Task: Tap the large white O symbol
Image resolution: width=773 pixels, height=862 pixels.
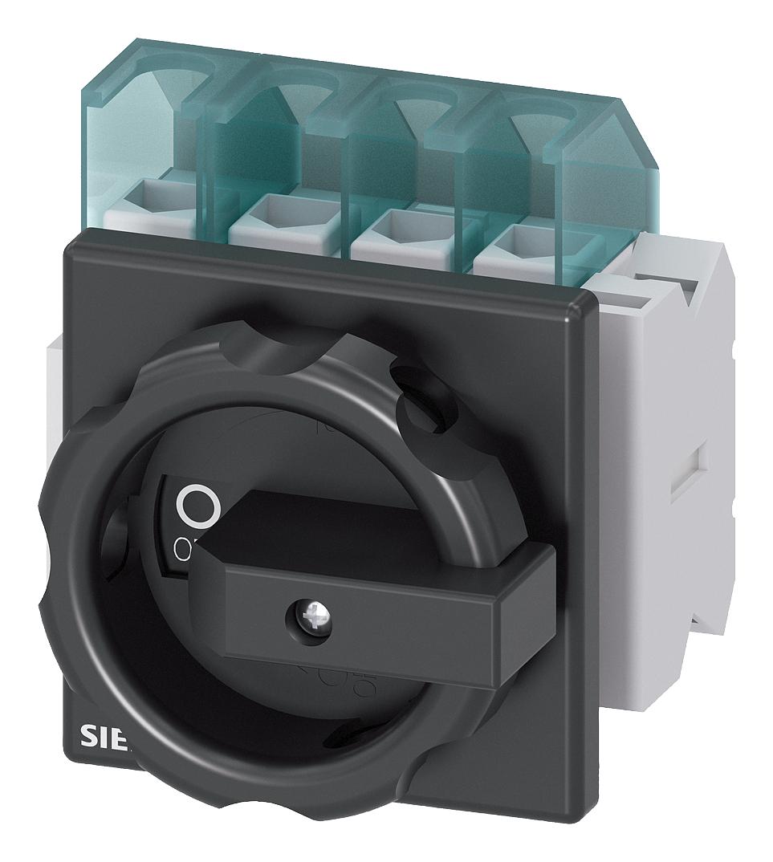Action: (x=197, y=506)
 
